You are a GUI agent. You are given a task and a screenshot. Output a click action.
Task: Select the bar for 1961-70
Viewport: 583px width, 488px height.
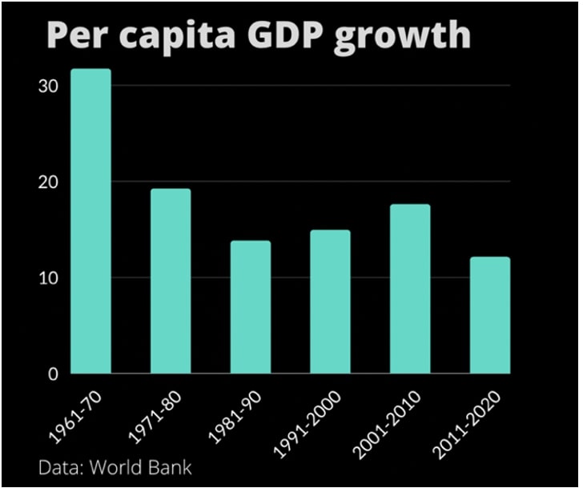click(90, 222)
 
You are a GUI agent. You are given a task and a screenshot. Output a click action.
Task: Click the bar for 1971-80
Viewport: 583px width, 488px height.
click(171, 281)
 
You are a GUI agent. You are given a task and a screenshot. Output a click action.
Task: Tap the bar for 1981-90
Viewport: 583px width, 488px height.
click(251, 307)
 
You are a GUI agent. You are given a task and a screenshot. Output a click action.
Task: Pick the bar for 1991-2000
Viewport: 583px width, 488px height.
click(330, 302)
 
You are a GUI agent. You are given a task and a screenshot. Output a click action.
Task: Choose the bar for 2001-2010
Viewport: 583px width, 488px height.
click(410, 289)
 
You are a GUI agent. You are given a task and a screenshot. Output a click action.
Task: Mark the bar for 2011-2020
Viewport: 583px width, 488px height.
click(490, 315)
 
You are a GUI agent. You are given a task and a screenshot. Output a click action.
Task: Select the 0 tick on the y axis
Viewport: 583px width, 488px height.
click(54, 374)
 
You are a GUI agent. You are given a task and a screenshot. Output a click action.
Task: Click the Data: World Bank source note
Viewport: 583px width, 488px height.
click(115, 466)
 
